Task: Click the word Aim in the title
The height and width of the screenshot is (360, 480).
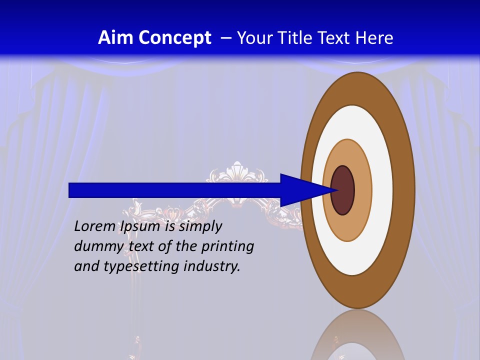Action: (x=116, y=38)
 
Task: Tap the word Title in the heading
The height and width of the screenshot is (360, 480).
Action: (x=298, y=38)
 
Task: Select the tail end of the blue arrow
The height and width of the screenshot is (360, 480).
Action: (x=70, y=190)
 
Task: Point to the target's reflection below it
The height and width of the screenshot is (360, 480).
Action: (x=357, y=337)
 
